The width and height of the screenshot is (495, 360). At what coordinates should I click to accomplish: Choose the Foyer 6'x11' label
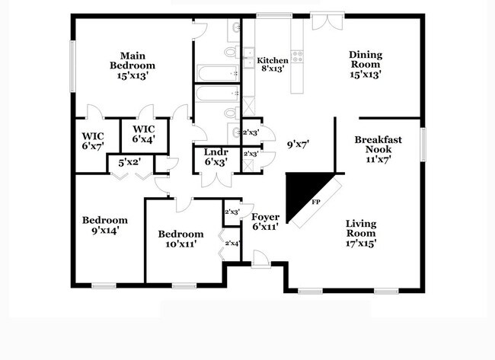[x=264, y=221]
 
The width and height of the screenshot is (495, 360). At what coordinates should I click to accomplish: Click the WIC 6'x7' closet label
[x=93, y=141]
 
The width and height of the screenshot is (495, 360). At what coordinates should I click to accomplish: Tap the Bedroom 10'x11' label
[x=180, y=239]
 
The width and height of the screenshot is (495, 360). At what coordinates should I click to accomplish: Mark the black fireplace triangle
[x=304, y=190]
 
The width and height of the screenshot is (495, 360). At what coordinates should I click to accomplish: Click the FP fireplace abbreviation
[x=316, y=203]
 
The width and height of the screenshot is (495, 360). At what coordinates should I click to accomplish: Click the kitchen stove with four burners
[x=297, y=55]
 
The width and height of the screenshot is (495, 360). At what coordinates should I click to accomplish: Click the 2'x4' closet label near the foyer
[x=232, y=243]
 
